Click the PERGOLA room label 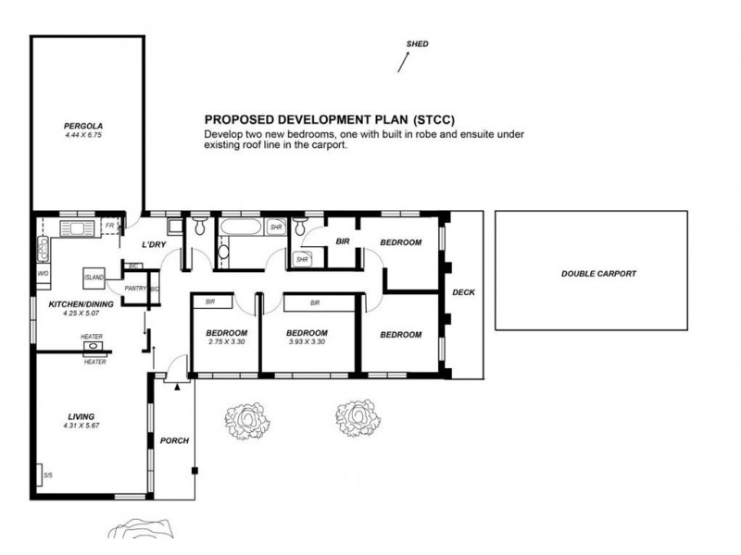(x=83, y=126)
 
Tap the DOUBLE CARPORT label (x=598, y=274)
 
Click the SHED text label (x=418, y=43)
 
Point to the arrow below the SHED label (x=403, y=62)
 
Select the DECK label (x=464, y=292)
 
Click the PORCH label (x=174, y=441)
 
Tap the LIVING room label (x=82, y=417)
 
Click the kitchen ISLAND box (x=94, y=278)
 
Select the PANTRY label (x=135, y=289)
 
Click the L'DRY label (x=154, y=244)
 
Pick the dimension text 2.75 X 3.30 (x=226, y=341)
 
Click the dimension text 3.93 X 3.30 (x=307, y=341)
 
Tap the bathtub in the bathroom (x=240, y=227)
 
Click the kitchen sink (x=78, y=228)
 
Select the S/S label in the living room (x=48, y=475)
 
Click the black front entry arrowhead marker (x=177, y=387)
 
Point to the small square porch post (x=195, y=471)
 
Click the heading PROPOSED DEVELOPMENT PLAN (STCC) (x=330, y=119)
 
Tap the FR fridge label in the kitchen (x=109, y=226)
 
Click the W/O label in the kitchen (x=43, y=274)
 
